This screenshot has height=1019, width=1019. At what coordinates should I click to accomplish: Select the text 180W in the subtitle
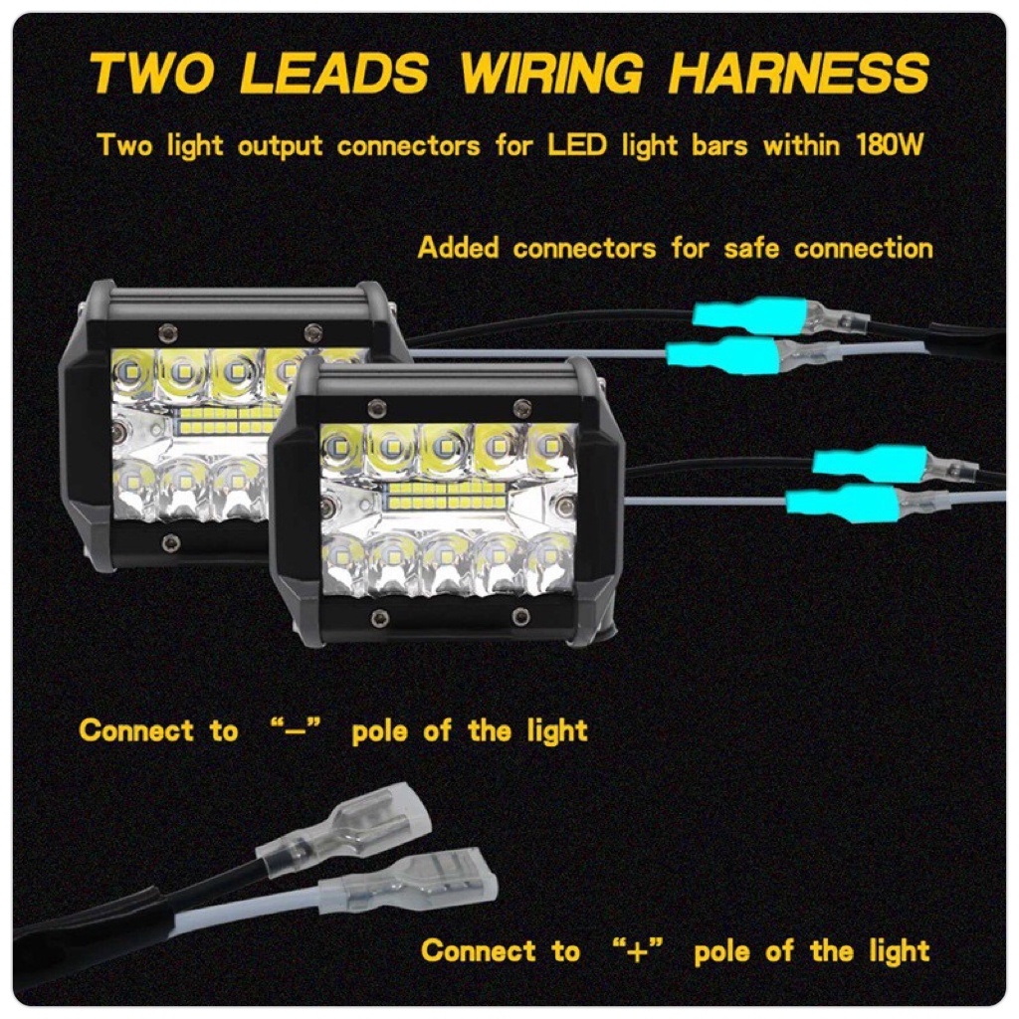click(x=892, y=145)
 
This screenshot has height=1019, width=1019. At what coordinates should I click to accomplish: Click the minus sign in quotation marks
click(x=295, y=731)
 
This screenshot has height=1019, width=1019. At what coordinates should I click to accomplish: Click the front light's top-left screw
click(x=376, y=406)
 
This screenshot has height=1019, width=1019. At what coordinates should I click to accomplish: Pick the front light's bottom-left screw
click(x=377, y=618)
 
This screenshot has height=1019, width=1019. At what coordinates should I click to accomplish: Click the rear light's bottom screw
click(x=170, y=542)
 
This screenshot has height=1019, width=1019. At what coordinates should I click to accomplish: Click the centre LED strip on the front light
click(x=448, y=495)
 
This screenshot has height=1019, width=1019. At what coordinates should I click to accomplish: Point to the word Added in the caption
click(x=460, y=247)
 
